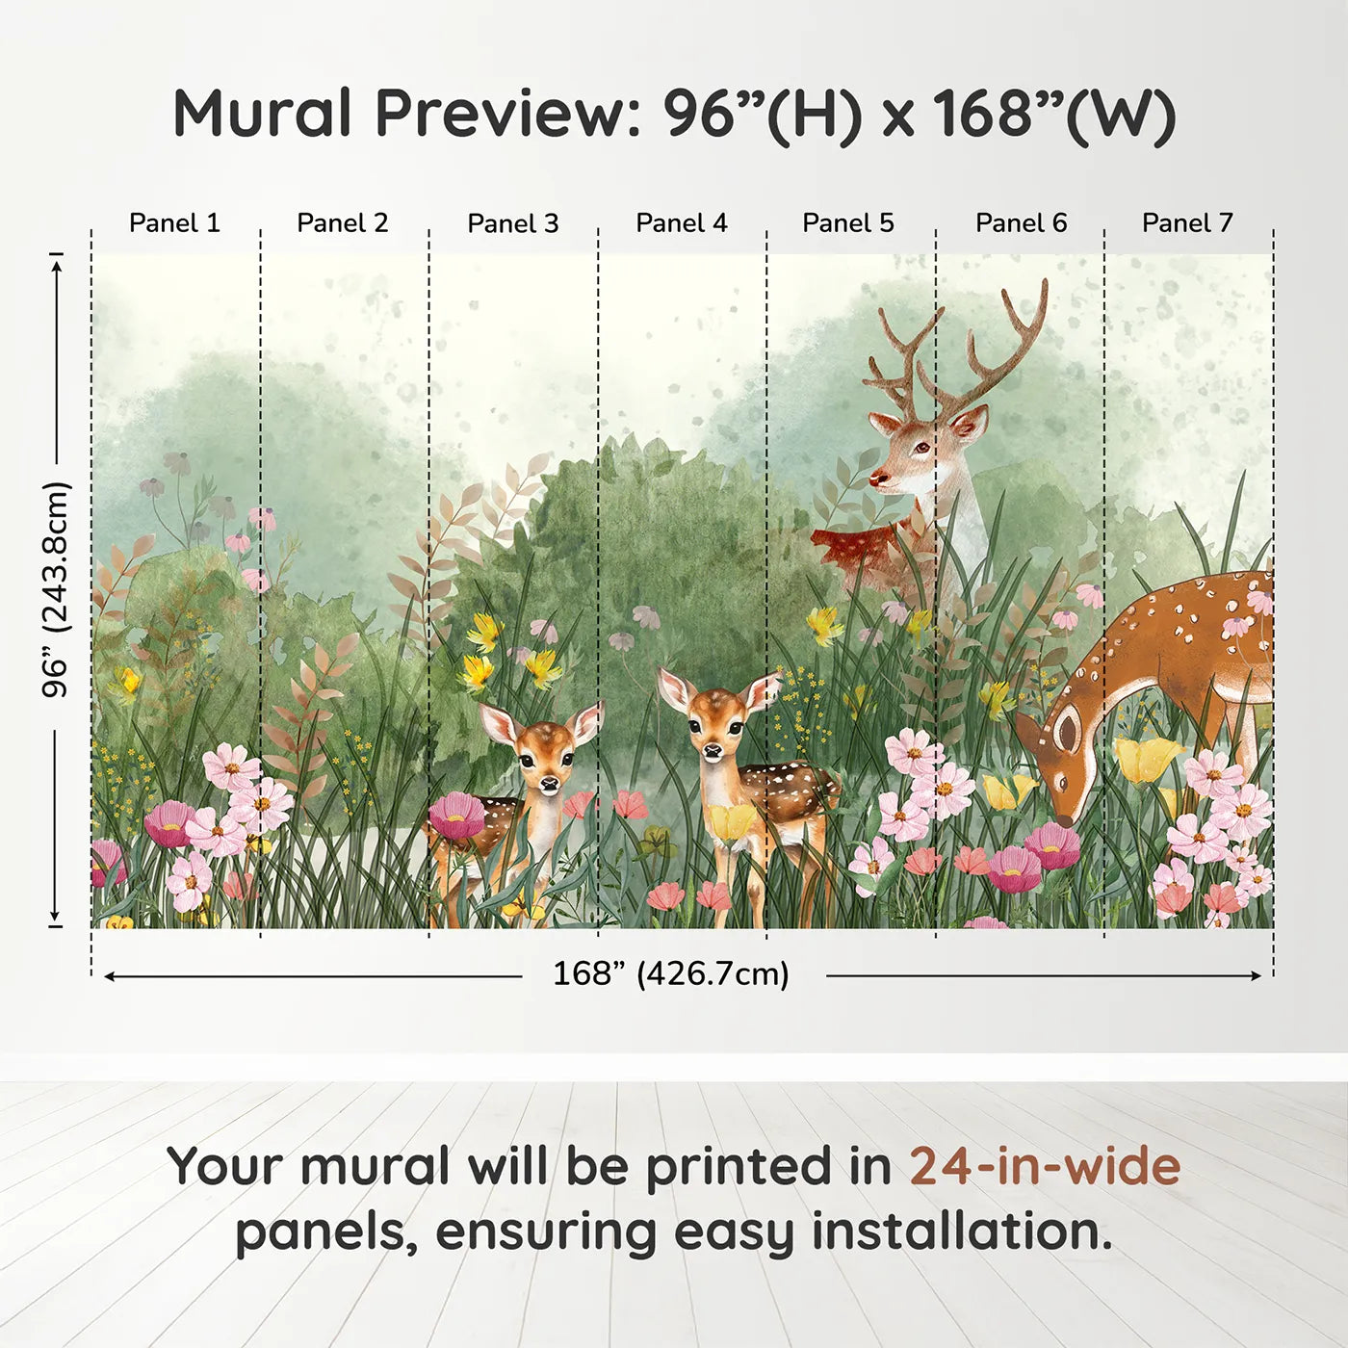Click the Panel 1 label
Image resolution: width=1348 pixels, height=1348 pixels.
[174, 223]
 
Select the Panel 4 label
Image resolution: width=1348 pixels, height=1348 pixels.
[682, 223]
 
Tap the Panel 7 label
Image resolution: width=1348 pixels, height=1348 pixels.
[1187, 223]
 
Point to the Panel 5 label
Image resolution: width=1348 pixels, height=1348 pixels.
[848, 223]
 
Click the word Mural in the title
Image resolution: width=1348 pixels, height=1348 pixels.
[262, 114]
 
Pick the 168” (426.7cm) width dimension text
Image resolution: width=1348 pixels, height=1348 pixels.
[671, 974]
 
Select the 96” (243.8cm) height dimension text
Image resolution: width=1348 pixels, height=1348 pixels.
[56, 589]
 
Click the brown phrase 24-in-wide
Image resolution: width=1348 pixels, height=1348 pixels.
[1045, 1166]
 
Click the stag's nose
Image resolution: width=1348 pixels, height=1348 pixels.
[877, 478]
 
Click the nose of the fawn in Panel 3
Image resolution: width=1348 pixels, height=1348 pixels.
[548, 785]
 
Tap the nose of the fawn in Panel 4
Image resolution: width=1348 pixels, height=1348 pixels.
[713, 750]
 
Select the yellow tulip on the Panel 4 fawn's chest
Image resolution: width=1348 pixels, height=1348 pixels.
[732, 821]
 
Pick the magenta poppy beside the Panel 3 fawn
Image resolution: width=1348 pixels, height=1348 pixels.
[456, 815]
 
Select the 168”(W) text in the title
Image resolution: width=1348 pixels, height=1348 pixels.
[1054, 114]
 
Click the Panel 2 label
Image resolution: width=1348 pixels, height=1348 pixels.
[343, 223]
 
